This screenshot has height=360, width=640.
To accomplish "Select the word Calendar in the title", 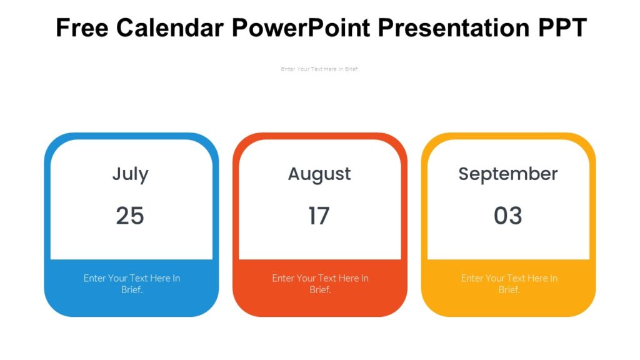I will coord(170,28).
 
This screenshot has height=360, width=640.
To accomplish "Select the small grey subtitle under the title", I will coord(320,69).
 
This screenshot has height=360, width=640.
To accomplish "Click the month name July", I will coord(130,174).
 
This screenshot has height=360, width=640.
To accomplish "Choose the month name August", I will coord(319,174).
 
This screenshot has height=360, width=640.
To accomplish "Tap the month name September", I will coord(507,174).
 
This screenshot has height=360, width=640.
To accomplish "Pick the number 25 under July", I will coord(130,216).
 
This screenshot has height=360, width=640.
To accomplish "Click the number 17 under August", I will coord(319,216).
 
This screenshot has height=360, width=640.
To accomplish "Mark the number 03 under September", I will coord(507,216).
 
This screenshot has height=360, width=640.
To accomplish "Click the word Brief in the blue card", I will coord(131,290).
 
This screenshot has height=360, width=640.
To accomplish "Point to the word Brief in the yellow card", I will coord(508,290).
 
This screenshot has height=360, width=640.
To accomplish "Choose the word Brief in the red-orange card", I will coord(319,290).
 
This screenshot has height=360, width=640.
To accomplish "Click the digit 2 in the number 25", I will coord(122,216).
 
